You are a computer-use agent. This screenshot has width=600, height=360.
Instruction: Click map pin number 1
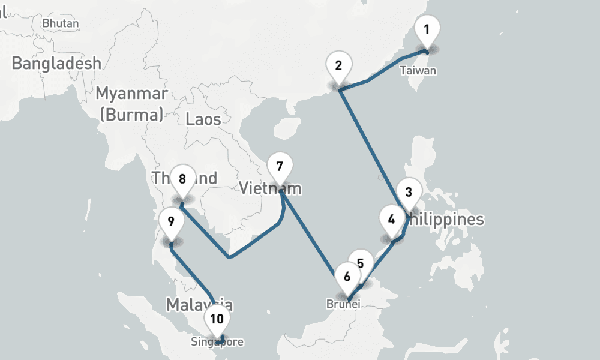tap(427, 29)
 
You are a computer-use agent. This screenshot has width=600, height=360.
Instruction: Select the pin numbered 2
tap(339, 66)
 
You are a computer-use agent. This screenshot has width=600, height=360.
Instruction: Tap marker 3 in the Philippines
tap(409, 193)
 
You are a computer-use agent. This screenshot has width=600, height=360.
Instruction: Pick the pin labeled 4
tap(392, 220)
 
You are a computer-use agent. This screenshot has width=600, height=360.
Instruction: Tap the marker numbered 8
tap(182, 179)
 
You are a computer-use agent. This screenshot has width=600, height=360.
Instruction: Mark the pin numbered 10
tap(216, 319)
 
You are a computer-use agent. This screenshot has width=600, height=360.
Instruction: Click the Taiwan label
tap(418, 71)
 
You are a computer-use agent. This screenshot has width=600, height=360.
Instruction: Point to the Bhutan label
tap(61, 23)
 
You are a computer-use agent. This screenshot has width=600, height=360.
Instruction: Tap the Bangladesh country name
tap(56, 63)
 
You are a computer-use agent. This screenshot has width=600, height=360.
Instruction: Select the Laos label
tap(203, 119)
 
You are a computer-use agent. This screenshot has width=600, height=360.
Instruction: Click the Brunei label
tap(343, 304)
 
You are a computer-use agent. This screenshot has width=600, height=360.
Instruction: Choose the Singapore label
tap(217, 343)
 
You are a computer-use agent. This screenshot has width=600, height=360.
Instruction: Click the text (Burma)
tap(131, 115)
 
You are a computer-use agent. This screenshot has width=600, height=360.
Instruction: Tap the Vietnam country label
tap(270, 188)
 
